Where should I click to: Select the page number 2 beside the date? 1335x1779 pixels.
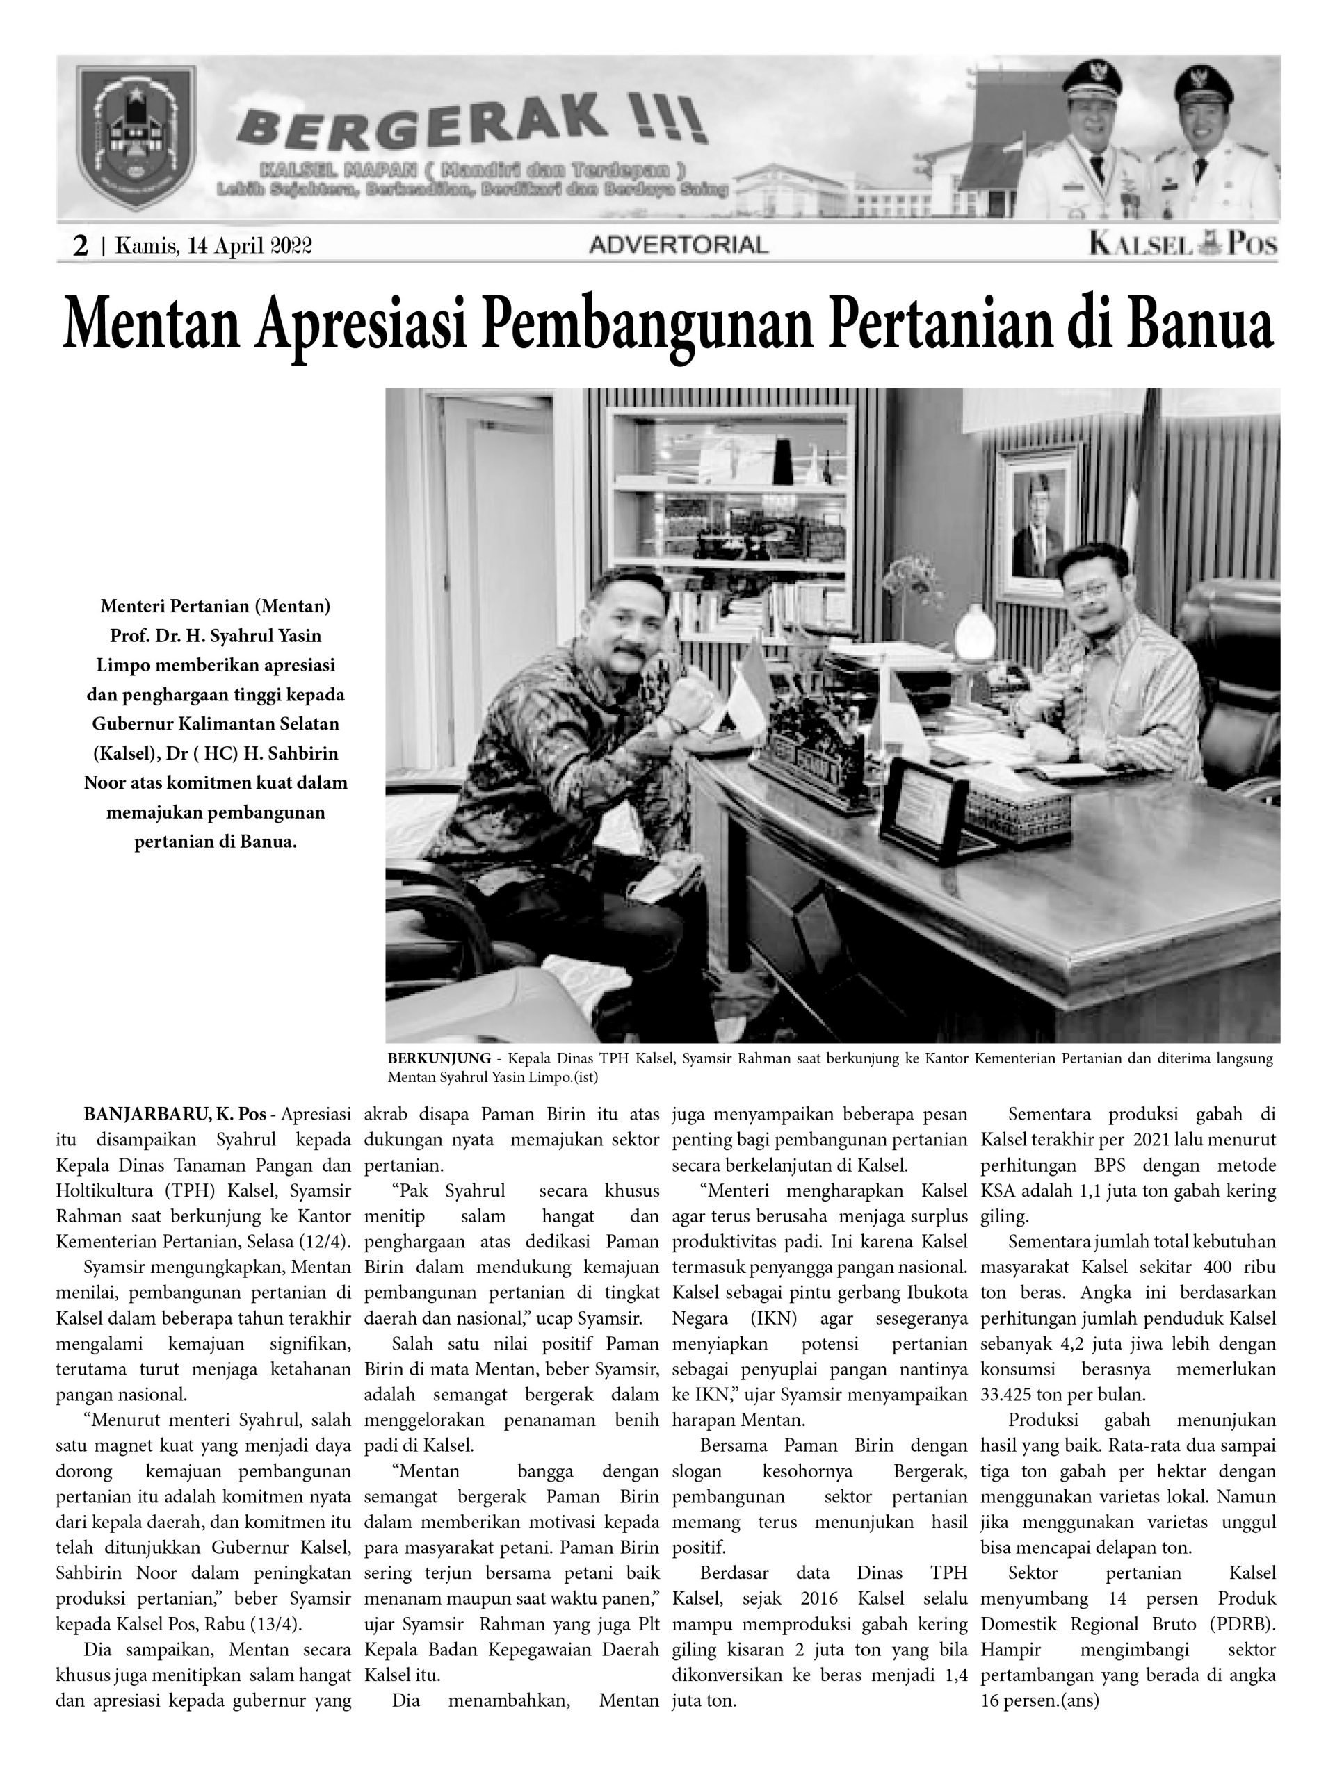tap(81, 245)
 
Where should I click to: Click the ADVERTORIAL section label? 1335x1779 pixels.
tap(679, 245)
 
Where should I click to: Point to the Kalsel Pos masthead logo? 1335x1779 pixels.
tap(1183, 244)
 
